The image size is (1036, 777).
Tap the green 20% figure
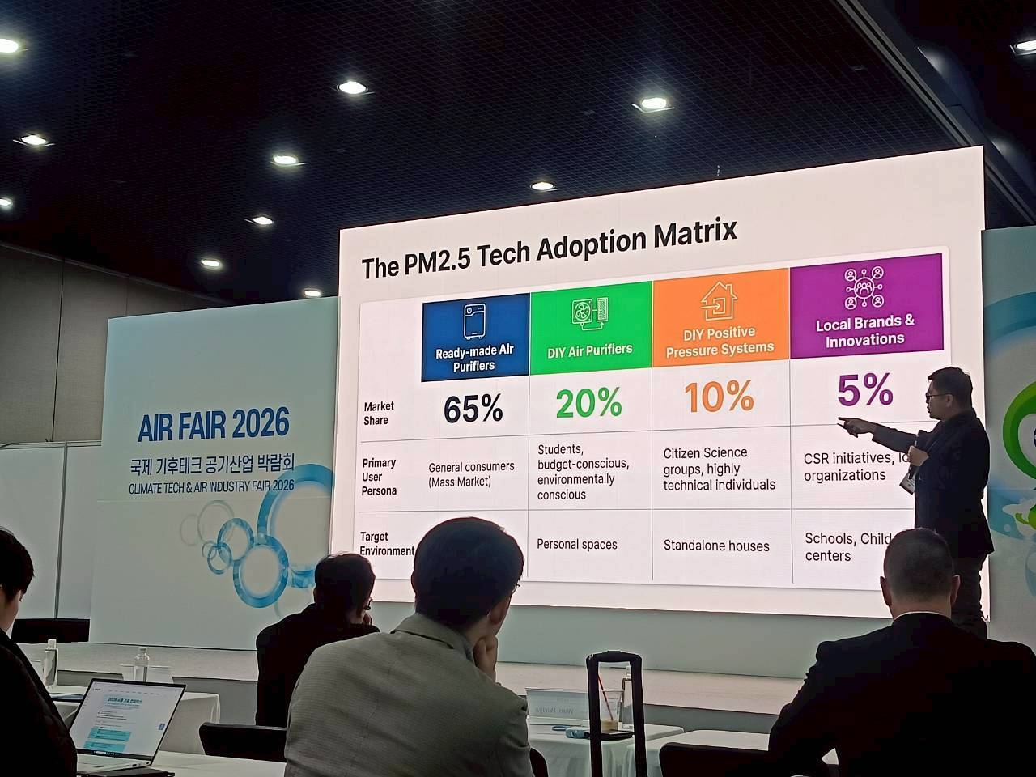coord(588,402)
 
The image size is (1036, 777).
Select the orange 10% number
coord(719,397)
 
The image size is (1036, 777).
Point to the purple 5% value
coord(864,390)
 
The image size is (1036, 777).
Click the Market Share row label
coord(377,413)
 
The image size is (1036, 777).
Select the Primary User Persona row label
coord(379,477)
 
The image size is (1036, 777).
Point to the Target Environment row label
coord(386,544)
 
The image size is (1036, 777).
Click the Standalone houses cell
coord(716,546)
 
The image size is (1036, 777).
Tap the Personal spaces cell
coord(576,545)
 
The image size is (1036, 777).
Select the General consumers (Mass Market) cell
coord(471,474)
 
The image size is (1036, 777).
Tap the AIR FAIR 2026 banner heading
coord(213,424)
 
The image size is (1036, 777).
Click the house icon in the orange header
coord(718,301)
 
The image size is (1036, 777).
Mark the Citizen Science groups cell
coord(719,469)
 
